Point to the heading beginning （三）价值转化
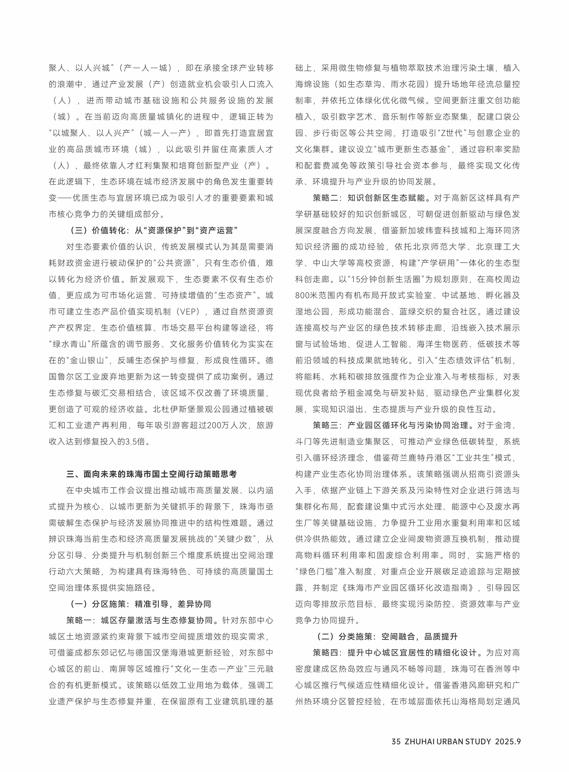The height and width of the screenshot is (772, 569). tap(154, 231)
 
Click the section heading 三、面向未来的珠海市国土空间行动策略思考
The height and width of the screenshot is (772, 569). tap(152, 474)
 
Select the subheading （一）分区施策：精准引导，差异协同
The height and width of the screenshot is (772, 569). tap(141, 604)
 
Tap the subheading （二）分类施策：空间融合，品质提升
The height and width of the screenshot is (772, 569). tap(387, 637)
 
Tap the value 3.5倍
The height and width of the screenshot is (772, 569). tap(135, 442)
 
